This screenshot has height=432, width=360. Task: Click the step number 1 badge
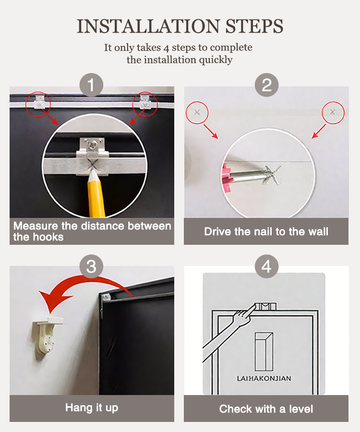(91, 85)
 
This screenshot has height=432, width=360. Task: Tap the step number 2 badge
(266, 85)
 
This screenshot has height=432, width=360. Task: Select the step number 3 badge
(91, 266)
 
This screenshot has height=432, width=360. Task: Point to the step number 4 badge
(266, 266)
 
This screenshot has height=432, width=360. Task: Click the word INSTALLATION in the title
(148, 26)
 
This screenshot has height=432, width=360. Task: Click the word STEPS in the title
(254, 26)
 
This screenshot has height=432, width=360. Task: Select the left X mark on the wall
(197, 112)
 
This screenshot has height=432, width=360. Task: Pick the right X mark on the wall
(333, 112)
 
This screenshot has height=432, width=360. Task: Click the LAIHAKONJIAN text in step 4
(264, 378)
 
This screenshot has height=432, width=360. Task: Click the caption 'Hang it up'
(92, 408)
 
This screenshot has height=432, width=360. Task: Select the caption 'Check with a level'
(266, 409)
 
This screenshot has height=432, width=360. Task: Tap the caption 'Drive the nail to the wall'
(266, 231)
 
